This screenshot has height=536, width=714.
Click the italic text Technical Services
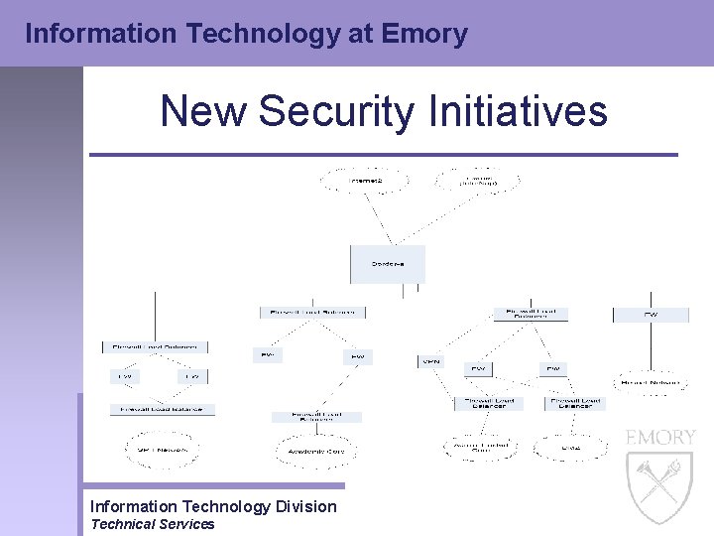click(x=152, y=524)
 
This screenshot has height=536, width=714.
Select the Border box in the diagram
click(x=387, y=264)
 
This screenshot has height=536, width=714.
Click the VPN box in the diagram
click(x=431, y=362)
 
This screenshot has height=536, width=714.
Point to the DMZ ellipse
click(x=570, y=448)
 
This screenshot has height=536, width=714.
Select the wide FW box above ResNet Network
click(x=651, y=315)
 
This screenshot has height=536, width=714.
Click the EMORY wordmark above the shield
click(x=660, y=437)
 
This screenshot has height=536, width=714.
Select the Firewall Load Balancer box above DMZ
click(x=575, y=404)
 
